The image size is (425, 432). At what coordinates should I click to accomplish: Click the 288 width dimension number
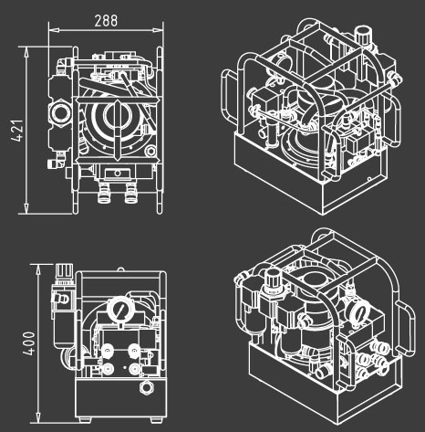pos(106,21)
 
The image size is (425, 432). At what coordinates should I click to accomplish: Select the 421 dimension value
pos(17,131)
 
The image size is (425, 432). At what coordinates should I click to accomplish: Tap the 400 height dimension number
pos(29,343)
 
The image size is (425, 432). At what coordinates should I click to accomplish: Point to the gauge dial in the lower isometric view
pos(360,312)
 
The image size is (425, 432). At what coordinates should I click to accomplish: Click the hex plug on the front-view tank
pos(147,387)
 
